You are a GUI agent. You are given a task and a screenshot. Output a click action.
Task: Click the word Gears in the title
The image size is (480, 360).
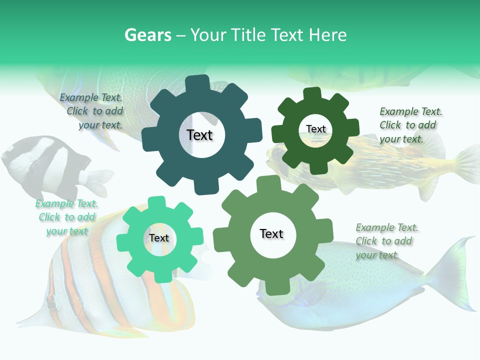coord(147,35)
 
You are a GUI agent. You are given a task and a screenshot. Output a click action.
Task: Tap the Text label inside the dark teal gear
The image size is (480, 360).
coord(199,135)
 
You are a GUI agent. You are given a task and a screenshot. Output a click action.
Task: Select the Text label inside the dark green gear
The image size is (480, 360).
coord(315,129)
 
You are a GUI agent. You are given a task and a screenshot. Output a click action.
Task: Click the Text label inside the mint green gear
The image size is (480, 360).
coord(159,238)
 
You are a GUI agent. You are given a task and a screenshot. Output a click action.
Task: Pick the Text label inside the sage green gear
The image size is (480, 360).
coord(271,233)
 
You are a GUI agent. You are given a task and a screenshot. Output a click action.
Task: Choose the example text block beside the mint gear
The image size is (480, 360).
coord(66,217)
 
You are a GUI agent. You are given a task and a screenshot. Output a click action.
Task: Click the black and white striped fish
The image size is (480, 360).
coord(45,165)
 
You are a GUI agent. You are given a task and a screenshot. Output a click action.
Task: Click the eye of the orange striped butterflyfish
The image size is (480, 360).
coord(51,303)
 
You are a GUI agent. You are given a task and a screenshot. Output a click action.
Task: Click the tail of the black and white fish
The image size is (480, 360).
coord(97,180)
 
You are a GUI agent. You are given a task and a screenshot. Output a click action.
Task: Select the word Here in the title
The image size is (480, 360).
coord(328,35)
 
